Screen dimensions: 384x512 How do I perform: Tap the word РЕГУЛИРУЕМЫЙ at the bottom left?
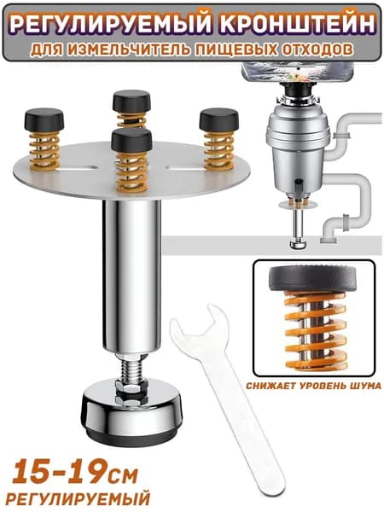pyautogui.click(x=78, y=499)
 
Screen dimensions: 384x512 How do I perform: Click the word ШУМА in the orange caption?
pyautogui.click(x=367, y=386)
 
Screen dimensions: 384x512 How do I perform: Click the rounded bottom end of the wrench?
pyautogui.click(x=271, y=483)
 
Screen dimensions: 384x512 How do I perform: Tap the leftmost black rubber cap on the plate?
pyautogui.click(x=44, y=119)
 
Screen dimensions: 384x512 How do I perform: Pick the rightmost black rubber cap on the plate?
pyautogui.click(x=218, y=119)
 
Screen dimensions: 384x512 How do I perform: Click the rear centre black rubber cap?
pyautogui.click(x=131, y=102)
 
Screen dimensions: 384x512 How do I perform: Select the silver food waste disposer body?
pyautogui.click(x=298, y=143)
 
